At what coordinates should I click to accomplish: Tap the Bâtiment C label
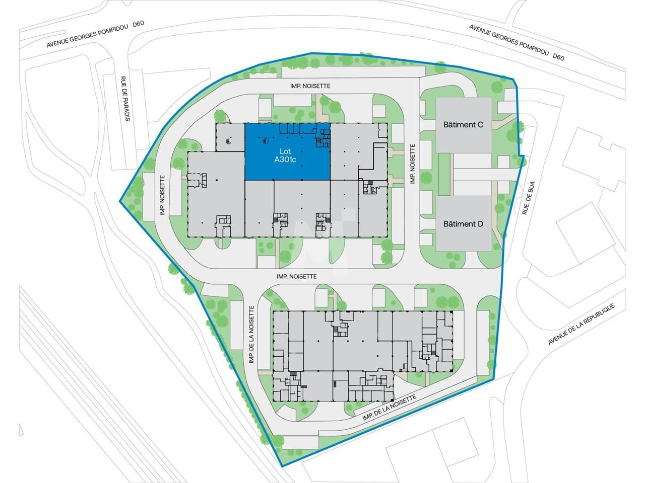[x=463, y=124]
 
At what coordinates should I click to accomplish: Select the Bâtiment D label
[x=463, y=224]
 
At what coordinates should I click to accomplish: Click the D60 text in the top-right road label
[x=558, y=57]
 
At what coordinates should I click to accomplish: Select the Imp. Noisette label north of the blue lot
[x=310, y=86]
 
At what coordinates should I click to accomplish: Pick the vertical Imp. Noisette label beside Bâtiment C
[x=412, y=164]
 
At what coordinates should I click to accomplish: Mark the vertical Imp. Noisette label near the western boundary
[x=162, y=194]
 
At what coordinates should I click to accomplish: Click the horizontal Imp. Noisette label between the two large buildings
[x=296, y=276]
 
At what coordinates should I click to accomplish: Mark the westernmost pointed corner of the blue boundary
[x=120, y=202]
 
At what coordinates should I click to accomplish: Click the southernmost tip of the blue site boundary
[x=282, y=466]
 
